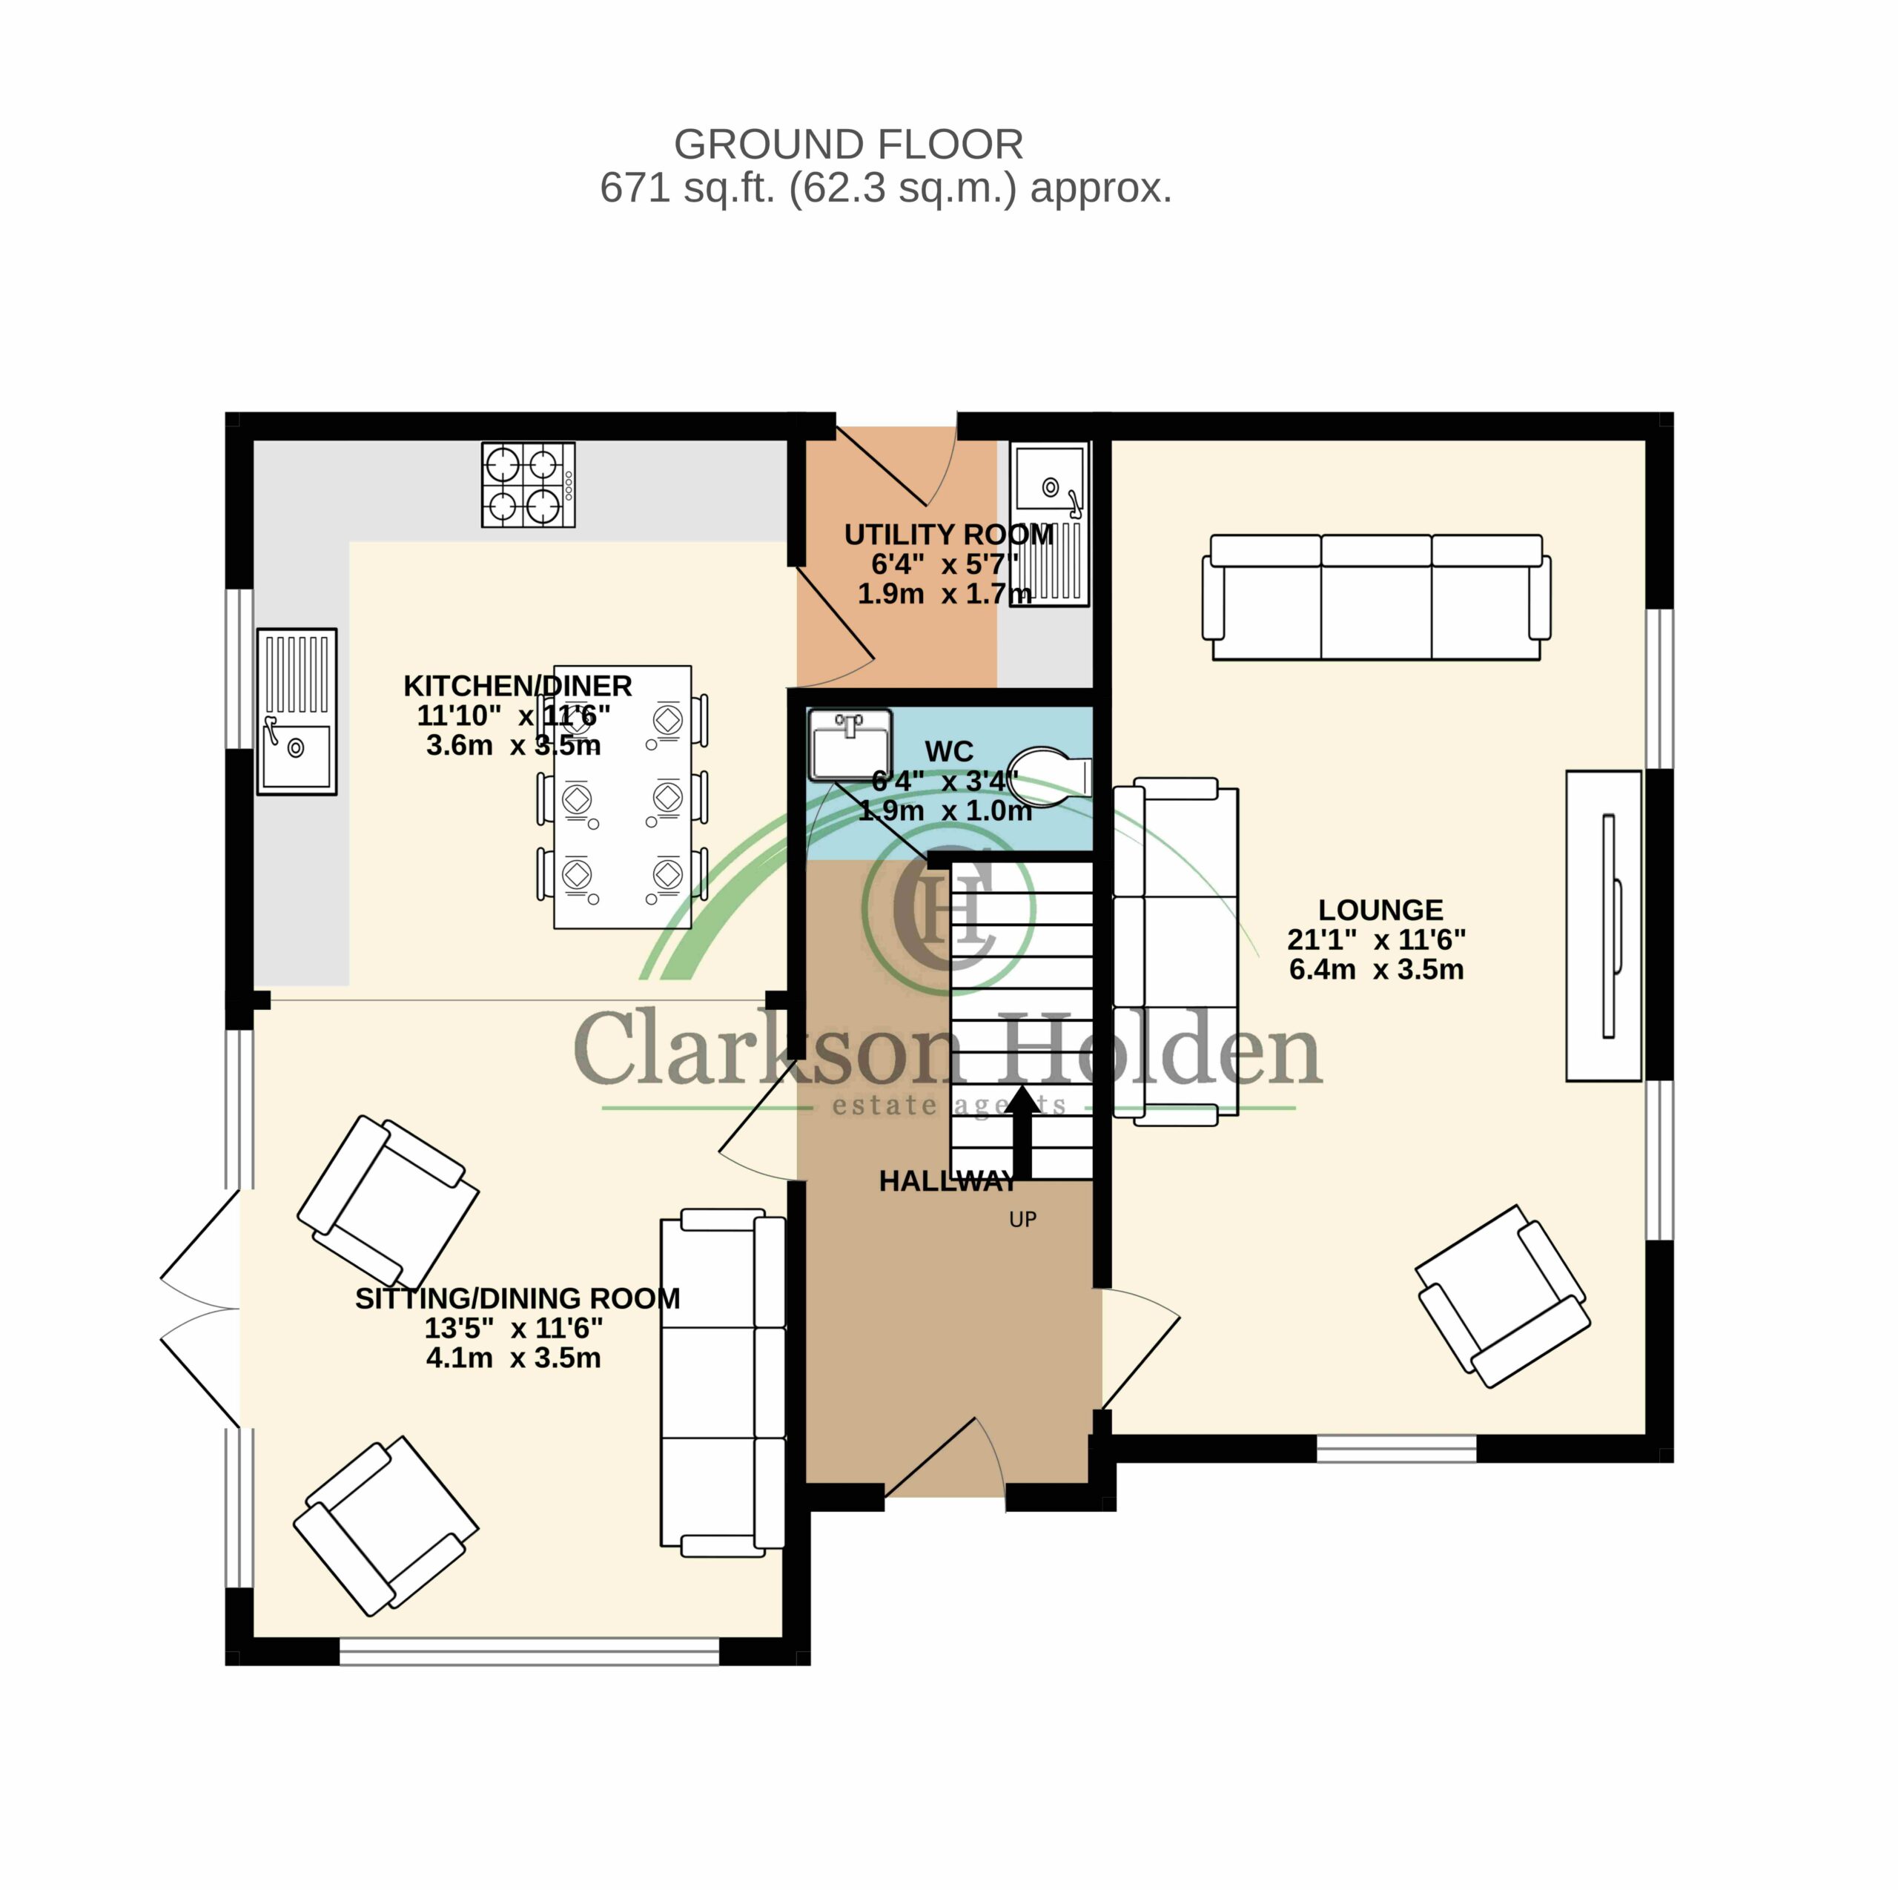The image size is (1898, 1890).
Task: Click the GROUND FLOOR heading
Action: pos(849,145)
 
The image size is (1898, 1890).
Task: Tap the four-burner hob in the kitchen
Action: pos(528,484)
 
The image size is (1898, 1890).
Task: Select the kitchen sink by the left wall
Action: pos(297,711)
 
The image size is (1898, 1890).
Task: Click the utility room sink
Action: pos(1050,524)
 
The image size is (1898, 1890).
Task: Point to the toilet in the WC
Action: pos(1048,776)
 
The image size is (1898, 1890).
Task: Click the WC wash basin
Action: pos(850,744)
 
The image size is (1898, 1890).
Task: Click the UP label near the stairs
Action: pos(1022,1219)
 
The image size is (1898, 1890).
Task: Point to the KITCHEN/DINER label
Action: pos(518,686)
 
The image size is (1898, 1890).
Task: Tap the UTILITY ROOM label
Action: pos(949,535)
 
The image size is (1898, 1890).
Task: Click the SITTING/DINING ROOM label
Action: pos(518,1298)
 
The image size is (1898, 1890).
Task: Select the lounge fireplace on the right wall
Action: pos(1603,925)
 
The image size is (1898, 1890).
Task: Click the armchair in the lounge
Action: pos(1503,1295)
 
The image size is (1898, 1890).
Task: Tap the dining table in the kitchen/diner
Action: pos(623,796)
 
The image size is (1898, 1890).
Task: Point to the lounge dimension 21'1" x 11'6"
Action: pos(1376,939)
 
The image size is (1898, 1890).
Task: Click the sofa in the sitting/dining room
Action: pos(723,1383)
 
